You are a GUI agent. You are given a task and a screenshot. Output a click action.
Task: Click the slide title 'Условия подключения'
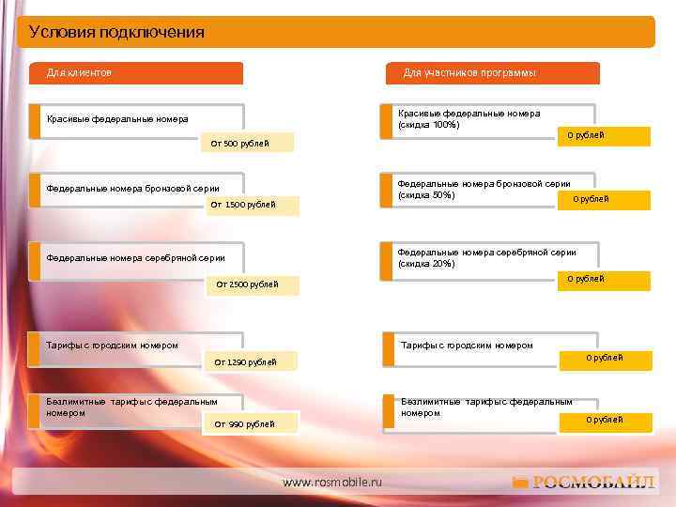(116, 33)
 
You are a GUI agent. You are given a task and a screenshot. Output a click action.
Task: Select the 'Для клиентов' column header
(79, 72)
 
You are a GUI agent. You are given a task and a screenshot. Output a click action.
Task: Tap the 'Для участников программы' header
(469, 72)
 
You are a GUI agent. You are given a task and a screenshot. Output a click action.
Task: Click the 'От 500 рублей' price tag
(239, 144)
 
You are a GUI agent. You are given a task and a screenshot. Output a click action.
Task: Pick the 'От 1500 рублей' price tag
(243, 205)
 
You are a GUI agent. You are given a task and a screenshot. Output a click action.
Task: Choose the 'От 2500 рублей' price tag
(247, 284)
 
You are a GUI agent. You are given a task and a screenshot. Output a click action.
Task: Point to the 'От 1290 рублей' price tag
(245, 362)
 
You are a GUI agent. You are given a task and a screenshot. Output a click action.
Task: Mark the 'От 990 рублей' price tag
(244, 424)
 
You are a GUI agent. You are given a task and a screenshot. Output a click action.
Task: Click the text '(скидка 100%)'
(428, 125)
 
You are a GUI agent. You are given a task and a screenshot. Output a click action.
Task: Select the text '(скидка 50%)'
(426, 195)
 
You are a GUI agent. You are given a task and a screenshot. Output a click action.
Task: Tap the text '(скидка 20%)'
(426, 264)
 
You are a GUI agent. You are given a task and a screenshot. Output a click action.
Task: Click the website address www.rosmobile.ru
(332, 482)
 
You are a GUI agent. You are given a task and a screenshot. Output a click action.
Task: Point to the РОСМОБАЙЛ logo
(584, 483)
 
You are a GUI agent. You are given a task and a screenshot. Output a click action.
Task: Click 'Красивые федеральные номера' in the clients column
(116, 119)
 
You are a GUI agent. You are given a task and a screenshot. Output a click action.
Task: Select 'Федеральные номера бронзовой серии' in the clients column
(132, 188)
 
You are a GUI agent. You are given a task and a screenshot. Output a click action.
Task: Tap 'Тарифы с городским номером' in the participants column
(467, 346)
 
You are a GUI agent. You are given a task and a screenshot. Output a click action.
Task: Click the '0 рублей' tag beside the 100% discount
(586, 135)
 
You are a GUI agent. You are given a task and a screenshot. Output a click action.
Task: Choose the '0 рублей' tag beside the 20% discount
(586, 279)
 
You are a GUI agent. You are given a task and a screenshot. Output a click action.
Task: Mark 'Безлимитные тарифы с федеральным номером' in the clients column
(131, 407)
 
